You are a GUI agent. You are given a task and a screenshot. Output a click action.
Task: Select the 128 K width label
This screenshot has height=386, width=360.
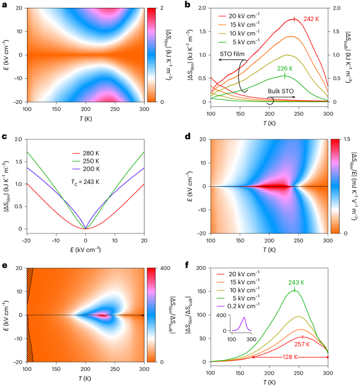(290, 357)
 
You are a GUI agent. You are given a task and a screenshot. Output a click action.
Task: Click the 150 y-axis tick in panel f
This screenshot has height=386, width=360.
(199, 291)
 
